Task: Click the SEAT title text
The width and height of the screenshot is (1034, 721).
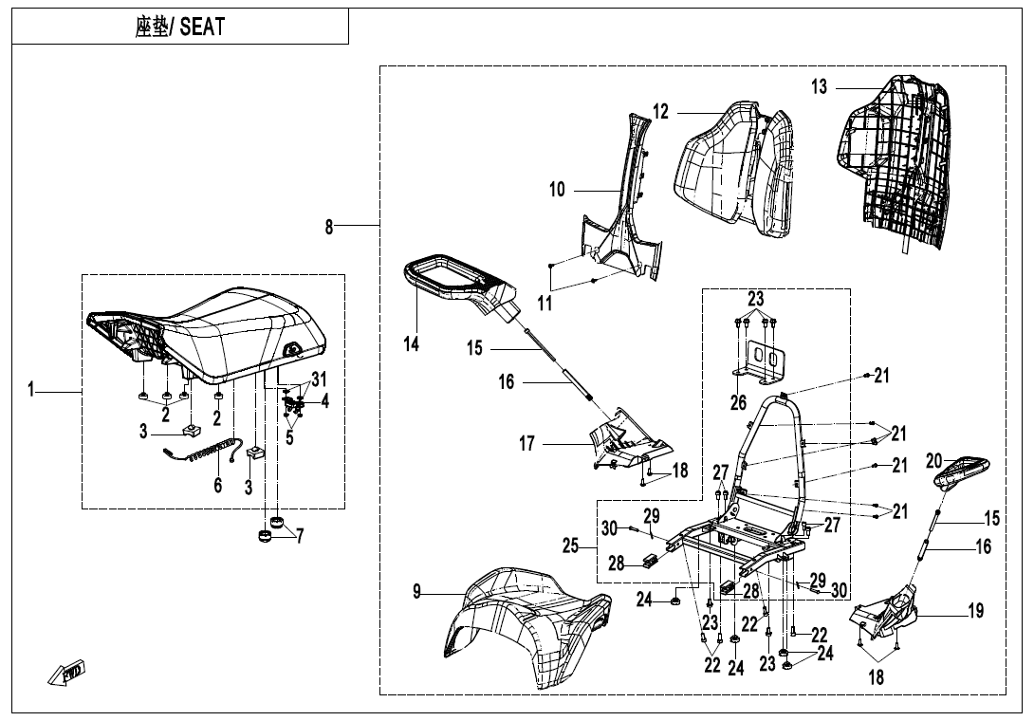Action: [x=180, y=27]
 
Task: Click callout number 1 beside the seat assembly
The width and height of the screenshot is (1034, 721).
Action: [x=32, y=389]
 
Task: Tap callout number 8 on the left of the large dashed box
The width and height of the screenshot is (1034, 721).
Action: [x=329, y=227]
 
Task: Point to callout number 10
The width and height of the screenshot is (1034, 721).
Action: [x=557, y=190]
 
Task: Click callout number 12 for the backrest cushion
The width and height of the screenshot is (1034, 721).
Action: [x=660, y=112]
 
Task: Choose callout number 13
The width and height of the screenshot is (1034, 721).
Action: [x=819, y=87]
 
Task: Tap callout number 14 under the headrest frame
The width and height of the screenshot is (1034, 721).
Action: [x=412, y=344]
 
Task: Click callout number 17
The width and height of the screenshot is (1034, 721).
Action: [x=527, y=443]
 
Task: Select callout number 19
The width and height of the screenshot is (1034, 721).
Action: [x=975, y=611]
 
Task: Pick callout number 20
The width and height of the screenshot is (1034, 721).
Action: [x=934, y=461]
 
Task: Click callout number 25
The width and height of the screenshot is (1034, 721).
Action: [x=571, y=545]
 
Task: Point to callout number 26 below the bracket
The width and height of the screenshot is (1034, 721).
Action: [x=739, y=402]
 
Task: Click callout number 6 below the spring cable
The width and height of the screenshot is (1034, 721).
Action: [x=218, y=485]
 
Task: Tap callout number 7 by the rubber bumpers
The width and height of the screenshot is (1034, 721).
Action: [x=300, y=536]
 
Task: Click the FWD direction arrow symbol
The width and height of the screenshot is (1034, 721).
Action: [x=69, y=674]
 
